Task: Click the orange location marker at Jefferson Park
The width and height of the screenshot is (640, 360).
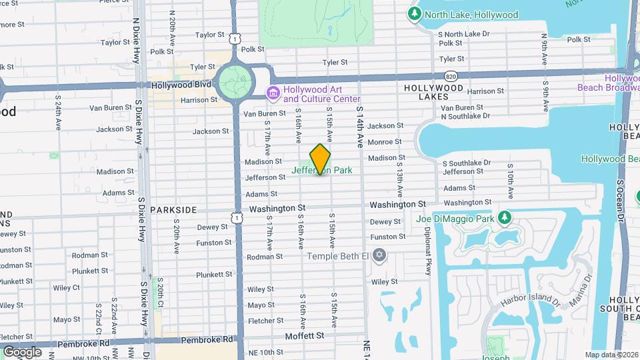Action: click(x=321, y=159)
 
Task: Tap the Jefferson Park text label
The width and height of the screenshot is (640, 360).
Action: click(x=322, y=171)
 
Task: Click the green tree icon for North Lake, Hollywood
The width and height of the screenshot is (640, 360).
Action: click(x=414, y=14)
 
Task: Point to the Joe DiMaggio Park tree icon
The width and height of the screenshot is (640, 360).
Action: click(x=505, y=218)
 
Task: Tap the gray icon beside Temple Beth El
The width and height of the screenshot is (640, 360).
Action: click(x=379, y=255)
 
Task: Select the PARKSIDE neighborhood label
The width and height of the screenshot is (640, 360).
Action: click(x=173, y=209)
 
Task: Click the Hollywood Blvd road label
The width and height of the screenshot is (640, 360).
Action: click(x=181, y=85)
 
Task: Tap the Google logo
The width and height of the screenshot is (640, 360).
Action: click(x=22, y=351)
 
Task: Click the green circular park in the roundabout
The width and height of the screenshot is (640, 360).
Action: click(x=234, y=83)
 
